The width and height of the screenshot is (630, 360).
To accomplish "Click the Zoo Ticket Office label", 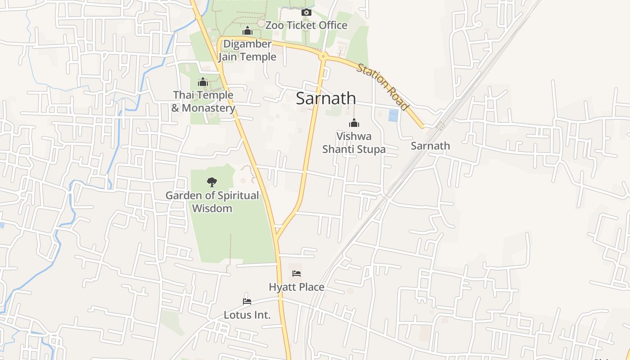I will (x=306, y=25).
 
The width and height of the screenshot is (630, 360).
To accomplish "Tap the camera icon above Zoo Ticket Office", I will (x=306, y=13).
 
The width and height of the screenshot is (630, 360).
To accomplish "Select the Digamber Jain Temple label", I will (x=247, y=50).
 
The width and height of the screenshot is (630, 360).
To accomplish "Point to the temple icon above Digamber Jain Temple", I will (x=247, y=31).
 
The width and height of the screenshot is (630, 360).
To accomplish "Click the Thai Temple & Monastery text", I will (x=203, y=102).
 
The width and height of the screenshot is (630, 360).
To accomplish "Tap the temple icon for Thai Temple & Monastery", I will (x=203, y=82).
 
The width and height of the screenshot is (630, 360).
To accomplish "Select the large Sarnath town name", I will (x=326, y=99).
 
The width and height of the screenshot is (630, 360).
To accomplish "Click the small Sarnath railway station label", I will (x=430, y=146).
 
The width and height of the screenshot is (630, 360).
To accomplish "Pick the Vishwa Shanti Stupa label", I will (x=354, y=143).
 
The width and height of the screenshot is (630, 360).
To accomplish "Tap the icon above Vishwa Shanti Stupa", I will (x=354, y=123).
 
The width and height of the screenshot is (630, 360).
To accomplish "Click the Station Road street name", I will (x=382, y=87).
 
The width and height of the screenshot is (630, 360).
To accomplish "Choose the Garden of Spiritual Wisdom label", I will (x=212, y=202).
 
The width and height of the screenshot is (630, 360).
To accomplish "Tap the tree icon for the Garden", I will (x=211, y=182).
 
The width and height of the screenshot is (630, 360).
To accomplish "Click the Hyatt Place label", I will (x=296, y=287).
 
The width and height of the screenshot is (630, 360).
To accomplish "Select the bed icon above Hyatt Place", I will (x=296, y=274).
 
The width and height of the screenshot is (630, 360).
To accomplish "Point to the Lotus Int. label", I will (x=247, y=315).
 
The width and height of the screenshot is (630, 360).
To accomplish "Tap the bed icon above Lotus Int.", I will (x=247, y=301).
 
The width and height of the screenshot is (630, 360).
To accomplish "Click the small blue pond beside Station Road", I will (x=393, y=116).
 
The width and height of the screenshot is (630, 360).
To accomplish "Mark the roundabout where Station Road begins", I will (x=323, y=56).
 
